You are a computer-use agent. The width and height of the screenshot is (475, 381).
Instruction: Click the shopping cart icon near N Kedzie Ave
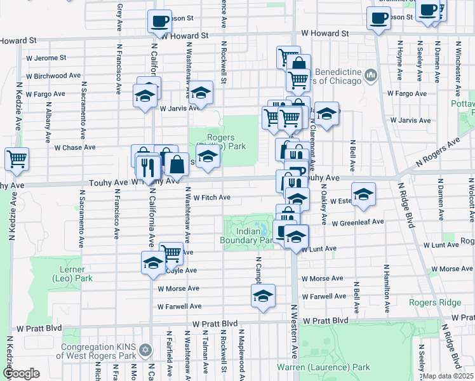(17, 159)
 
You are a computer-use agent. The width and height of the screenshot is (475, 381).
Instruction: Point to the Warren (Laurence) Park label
(323, 367)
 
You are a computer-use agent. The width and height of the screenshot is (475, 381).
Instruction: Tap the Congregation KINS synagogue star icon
(145, 351)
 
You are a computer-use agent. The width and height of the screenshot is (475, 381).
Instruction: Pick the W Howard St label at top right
(325, 33)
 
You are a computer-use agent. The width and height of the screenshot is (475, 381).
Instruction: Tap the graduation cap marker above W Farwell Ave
(263, 295)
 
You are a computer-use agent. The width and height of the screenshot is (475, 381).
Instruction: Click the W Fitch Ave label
(211, 197)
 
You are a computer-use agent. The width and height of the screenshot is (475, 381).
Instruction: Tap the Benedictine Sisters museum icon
(371, 76)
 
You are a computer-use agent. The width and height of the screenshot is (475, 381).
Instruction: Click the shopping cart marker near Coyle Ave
(171, 253)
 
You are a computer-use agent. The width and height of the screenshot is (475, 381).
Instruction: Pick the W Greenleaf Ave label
(358, 222)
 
